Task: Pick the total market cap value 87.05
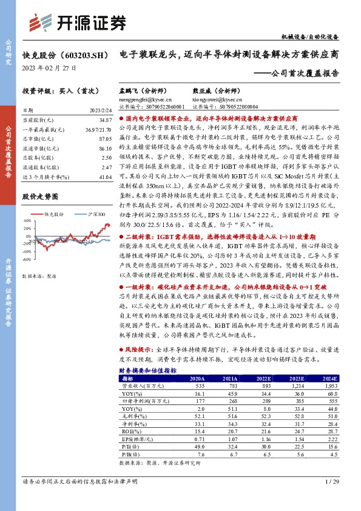tap(105, 138)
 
